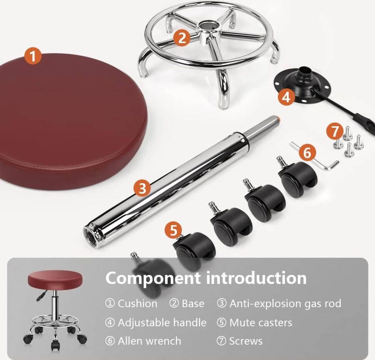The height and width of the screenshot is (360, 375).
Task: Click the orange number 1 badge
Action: (x=33, y=57)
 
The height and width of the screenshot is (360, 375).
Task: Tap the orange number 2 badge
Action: (x=182, y=37)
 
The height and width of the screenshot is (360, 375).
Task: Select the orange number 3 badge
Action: (x=142, y=188)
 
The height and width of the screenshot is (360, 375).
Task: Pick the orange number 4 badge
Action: (x=286, y=97)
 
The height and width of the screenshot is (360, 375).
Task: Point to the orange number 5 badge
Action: (x=173, y=230)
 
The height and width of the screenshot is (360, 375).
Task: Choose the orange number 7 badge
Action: (x=335, y=131)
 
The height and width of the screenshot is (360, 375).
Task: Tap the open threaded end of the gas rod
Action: (x=91, y=235)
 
